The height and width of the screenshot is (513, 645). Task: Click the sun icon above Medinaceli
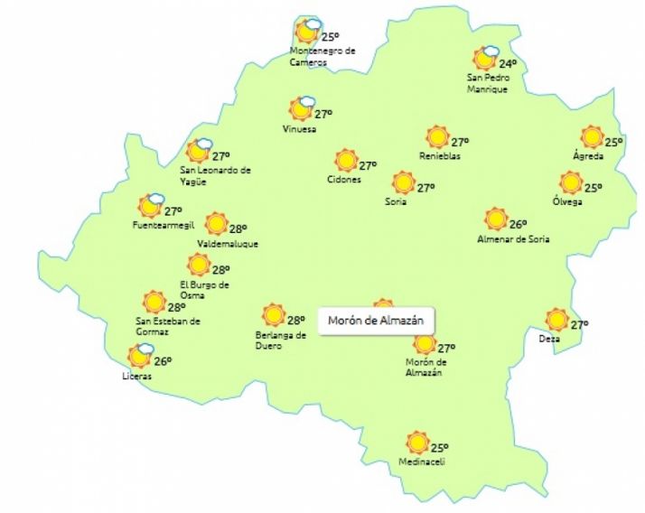[416, 443]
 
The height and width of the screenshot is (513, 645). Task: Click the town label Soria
[395, 201]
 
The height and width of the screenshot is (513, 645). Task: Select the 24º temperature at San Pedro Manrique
[508, 64]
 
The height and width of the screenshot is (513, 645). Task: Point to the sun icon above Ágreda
[592, 137]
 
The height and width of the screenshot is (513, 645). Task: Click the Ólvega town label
[567, 201]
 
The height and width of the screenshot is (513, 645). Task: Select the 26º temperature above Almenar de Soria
[518, 225]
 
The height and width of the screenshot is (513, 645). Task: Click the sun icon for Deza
[557, 319]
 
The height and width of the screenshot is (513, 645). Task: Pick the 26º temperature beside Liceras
[163, 362]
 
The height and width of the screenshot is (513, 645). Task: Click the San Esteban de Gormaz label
[167, 326]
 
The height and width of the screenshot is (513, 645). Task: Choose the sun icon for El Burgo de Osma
[198, 265]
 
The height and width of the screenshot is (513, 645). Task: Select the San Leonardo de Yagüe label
[215, 175]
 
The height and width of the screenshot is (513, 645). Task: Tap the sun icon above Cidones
[345, 161]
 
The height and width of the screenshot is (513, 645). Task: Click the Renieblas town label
[439, 155]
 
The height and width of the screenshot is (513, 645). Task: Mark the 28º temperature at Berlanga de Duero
[296, 320]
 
